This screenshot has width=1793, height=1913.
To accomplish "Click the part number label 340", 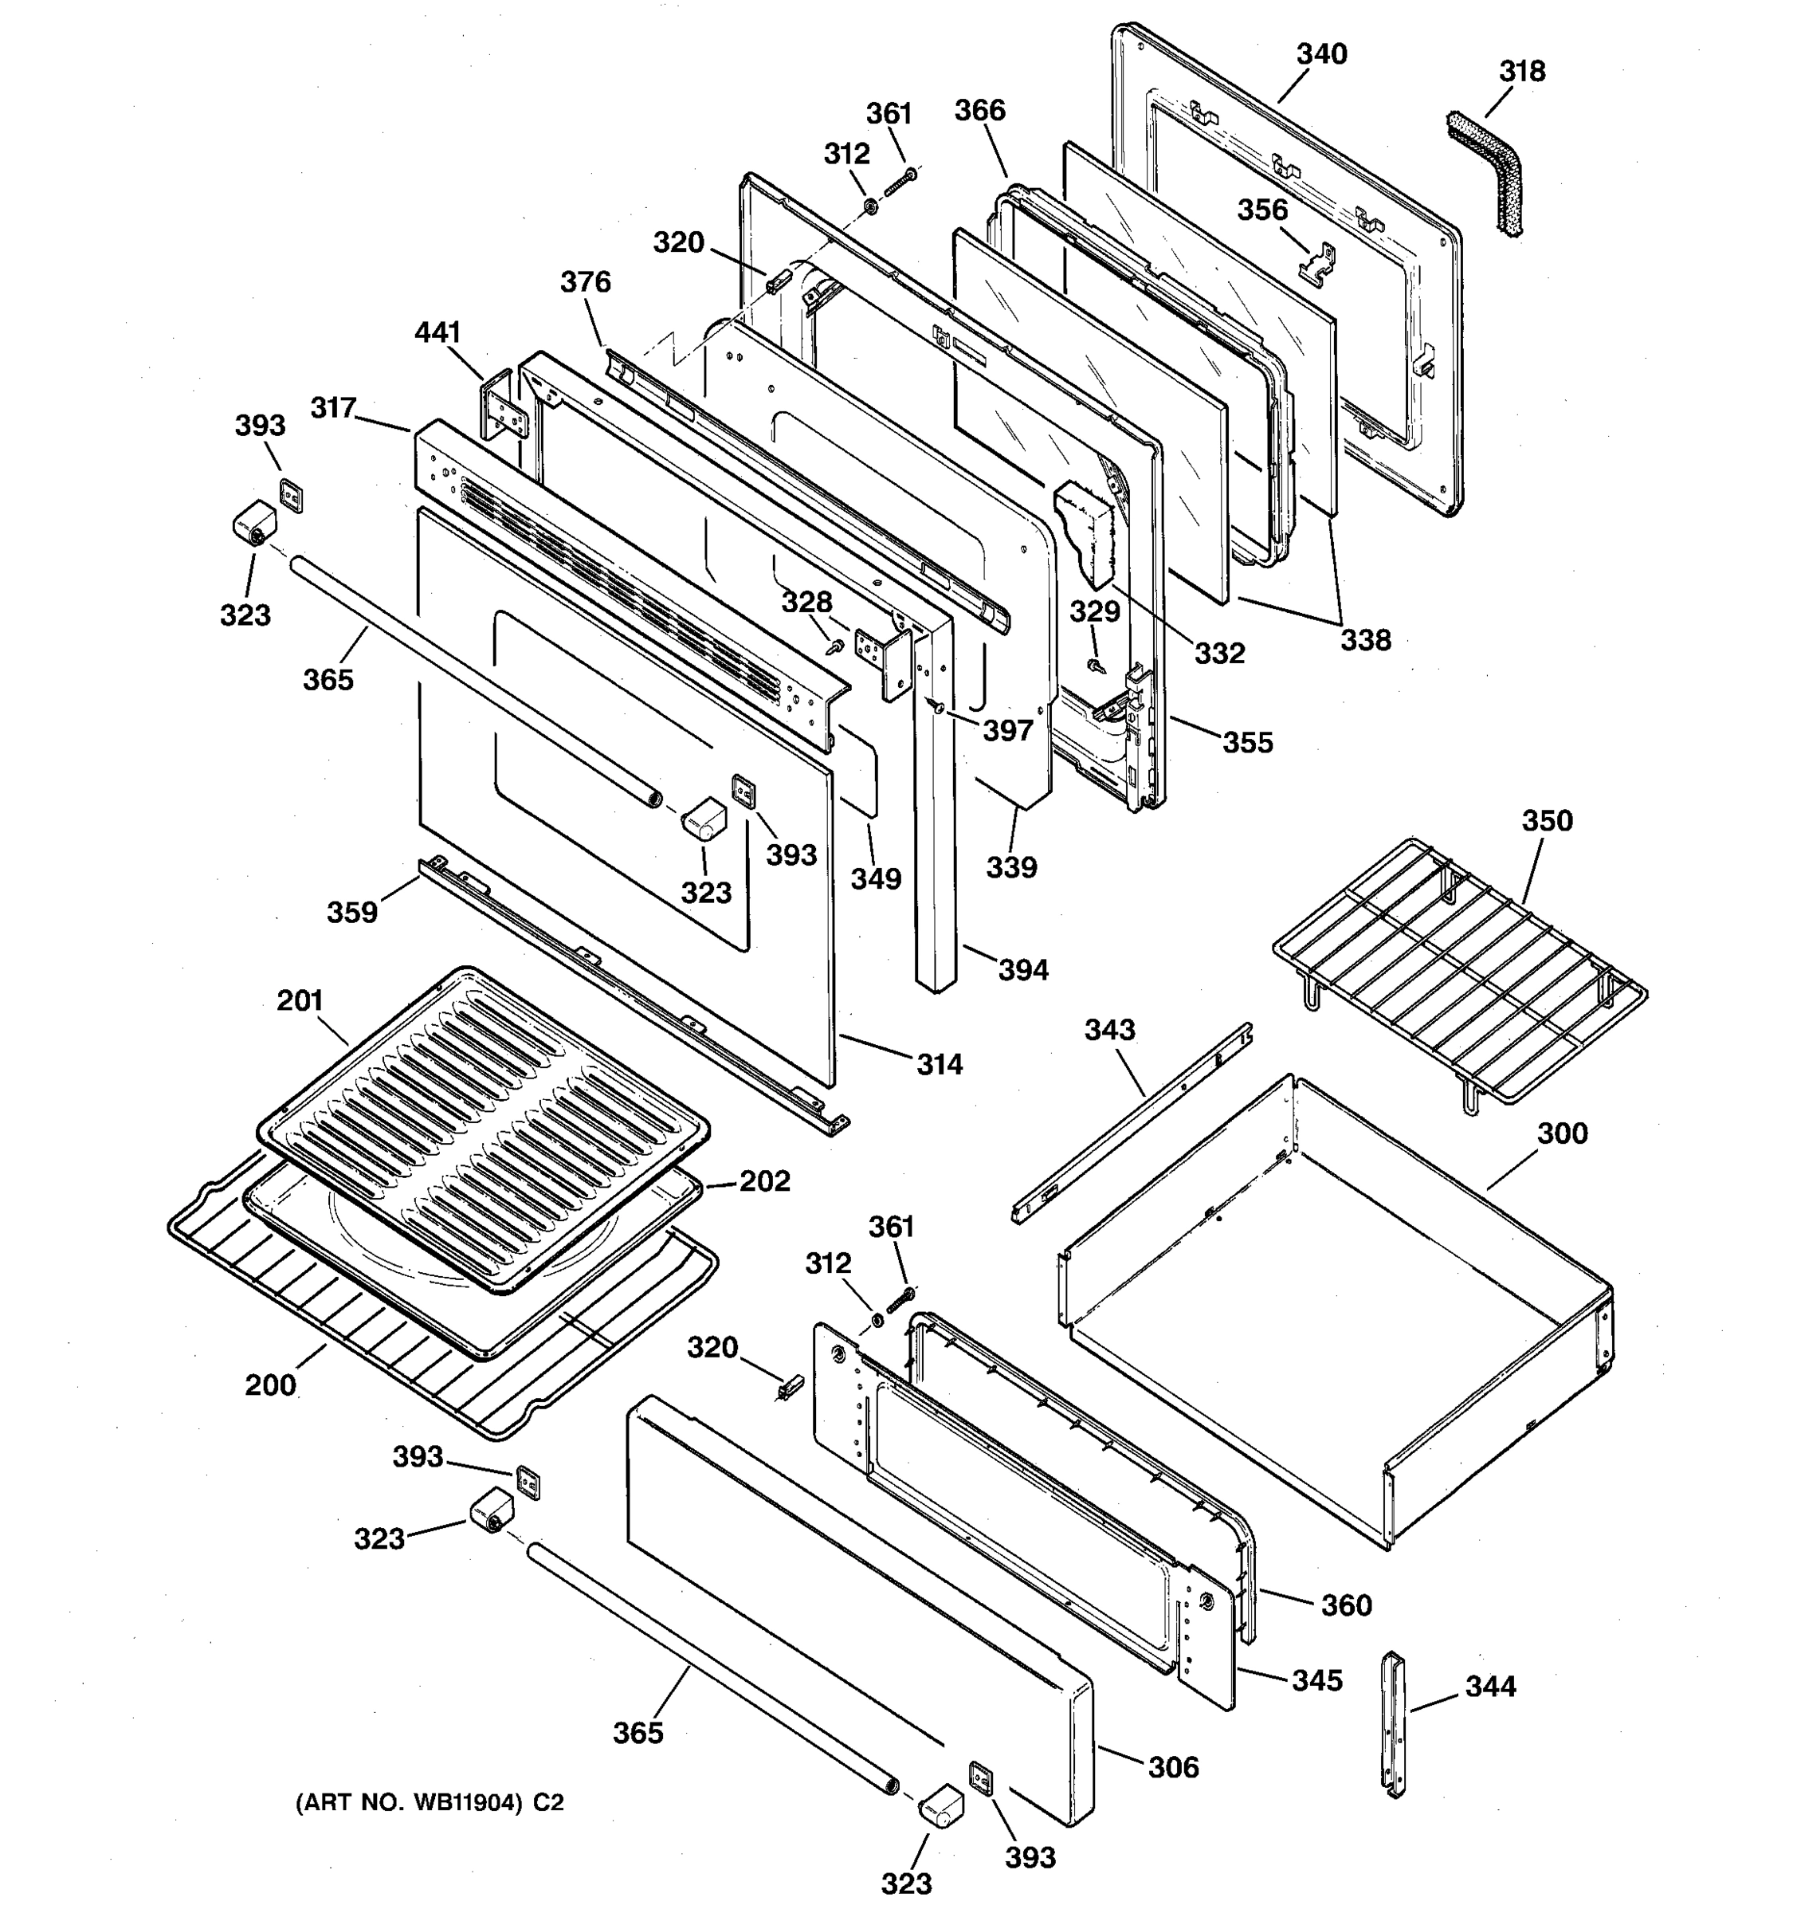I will click(x=1322, y=55).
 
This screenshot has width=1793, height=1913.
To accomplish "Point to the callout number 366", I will click(x=979, y=111).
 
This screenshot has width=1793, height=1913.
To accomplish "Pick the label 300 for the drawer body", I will click(x=1561, y=1133).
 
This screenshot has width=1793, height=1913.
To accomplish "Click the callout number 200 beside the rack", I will click(x=270, y=1385).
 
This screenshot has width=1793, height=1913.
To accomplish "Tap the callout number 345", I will click(x=1316, y=1680).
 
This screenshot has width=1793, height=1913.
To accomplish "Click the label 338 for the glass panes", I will click(x=1366, y=640).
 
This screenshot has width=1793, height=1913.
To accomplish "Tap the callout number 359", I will click(x=352, y=911).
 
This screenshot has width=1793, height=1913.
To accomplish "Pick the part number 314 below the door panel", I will click(x=938, y=1063).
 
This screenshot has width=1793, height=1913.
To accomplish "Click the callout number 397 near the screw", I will click(x=1007, y=730).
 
